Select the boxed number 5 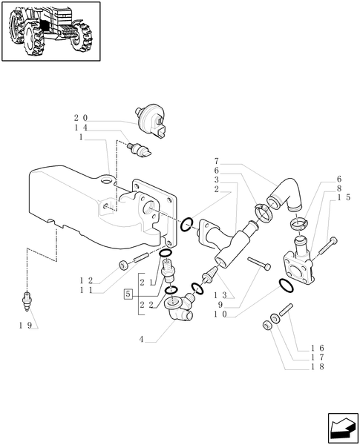coord(129,294)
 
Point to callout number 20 coord(81,118)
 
